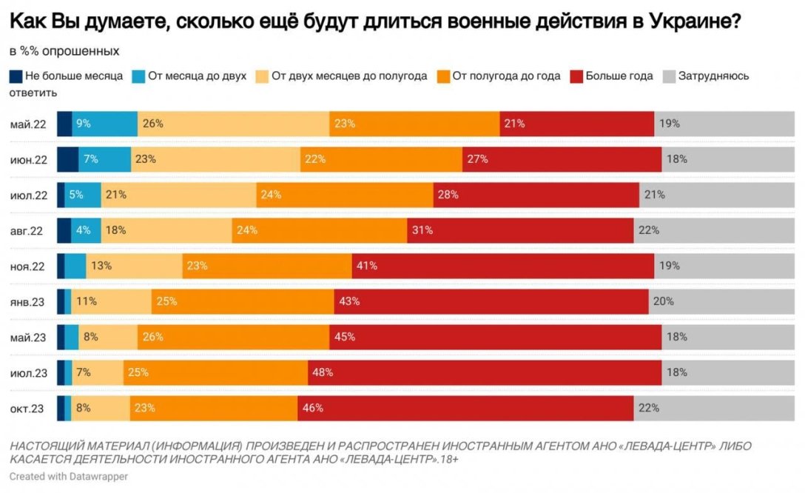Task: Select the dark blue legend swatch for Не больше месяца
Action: click(x=16, y=76)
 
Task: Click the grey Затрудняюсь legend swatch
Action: click(x=668, y=76)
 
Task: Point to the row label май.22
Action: click(x=29, y=124)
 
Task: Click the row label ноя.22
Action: click(x=29, y=266)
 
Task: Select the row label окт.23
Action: click(x=29, y=408)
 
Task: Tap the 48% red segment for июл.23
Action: click(x=485, y=373)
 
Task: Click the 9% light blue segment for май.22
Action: click(x=104, y=124)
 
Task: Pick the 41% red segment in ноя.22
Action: click(x=502, y=266)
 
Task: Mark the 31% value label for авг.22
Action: click(x=422, y=230)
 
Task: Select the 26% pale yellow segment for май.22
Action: click(x=233, y=124)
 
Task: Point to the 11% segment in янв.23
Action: click(x=111, y=301)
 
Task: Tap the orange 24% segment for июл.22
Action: click(x=344, y=195)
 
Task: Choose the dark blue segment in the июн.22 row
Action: click(x=68, y=160)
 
